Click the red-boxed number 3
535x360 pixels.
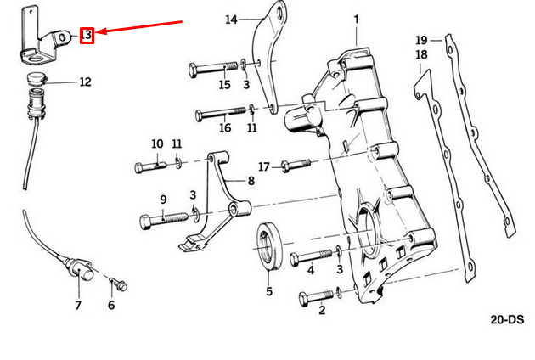point(87,35)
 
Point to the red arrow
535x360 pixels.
point(140,27)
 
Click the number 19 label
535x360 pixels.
point(422,40)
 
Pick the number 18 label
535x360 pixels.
point(422,55)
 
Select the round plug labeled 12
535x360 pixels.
point(37,81)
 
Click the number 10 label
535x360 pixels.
point(157,143)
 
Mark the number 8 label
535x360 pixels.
point(251,181)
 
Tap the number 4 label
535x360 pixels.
point(311,271)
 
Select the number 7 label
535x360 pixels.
point(77,305)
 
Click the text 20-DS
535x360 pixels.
point(507,320)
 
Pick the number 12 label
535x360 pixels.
point(85,82)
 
